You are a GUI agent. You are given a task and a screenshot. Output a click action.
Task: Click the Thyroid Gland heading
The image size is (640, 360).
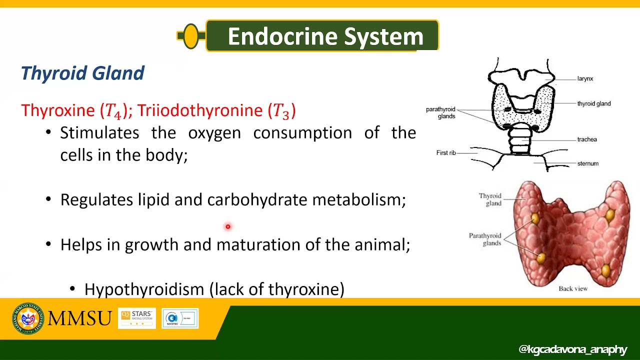(82, 73)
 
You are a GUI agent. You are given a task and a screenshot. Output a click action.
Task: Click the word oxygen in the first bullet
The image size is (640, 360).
(214, 133)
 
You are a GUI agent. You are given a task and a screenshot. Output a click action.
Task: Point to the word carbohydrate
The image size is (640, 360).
(257, 200)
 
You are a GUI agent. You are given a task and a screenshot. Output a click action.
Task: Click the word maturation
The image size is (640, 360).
(258, 244)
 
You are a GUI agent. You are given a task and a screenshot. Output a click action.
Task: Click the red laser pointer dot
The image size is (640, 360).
(227, 227)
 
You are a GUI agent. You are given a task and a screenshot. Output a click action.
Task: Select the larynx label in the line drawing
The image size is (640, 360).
(585, 79)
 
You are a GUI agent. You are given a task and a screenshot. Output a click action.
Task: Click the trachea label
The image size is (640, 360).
(587, 139)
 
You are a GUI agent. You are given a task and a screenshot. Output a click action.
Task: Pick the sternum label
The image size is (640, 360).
(587, 163)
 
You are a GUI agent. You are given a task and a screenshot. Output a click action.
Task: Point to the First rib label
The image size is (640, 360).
(446, 153)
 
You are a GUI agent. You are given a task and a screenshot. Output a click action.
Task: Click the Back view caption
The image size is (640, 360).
(573, 288)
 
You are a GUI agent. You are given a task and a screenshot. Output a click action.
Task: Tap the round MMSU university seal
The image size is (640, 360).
(28, 318)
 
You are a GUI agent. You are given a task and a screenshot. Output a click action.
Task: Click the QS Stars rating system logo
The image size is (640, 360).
(137, 318)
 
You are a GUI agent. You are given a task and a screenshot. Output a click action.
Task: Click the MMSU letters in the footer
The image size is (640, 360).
(79, 318)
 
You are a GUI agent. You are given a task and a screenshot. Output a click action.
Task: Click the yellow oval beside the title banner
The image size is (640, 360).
(191, 36)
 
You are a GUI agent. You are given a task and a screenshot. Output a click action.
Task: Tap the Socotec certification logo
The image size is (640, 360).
(180, 318)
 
